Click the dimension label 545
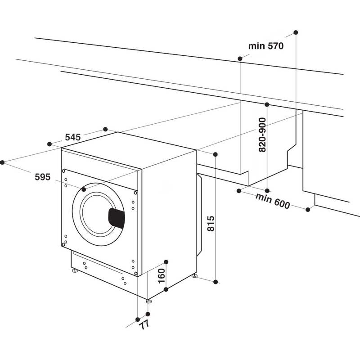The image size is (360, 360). (72, 137)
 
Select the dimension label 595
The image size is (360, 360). (43, 177)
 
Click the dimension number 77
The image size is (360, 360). (144, 324)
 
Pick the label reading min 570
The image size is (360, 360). (266, 46)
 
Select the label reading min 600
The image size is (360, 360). (272, 201)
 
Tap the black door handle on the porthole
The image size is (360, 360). (116, 218)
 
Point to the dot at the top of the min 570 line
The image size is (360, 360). (296, 32)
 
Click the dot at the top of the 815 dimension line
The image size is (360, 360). (215, 154)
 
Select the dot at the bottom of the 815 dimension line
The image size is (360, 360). (216, 282)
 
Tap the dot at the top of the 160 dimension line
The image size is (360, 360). (166, 261)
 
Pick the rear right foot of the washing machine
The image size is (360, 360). (195, 275)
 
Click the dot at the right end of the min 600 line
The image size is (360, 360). (308, 209)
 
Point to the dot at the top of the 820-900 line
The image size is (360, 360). (267, 104)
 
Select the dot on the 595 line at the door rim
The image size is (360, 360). (84, 189)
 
